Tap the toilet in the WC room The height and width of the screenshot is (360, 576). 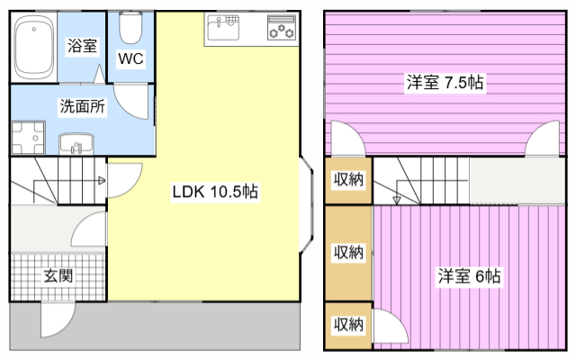tap(130, 30)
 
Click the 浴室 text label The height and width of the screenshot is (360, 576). tap(82, 44)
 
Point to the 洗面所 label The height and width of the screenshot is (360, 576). tap(82, 106)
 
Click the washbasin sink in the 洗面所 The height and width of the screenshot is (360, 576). tap(76, 141)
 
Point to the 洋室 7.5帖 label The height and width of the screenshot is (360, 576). tap(445, 84)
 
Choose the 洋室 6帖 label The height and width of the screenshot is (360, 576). tap(470, 275)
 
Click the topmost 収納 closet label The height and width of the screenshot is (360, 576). tap(349, 180)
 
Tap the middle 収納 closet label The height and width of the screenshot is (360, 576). tap(349, 252)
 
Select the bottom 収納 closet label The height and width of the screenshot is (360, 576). tap(349, 324)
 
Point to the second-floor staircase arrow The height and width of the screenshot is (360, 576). tap(397, 193)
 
